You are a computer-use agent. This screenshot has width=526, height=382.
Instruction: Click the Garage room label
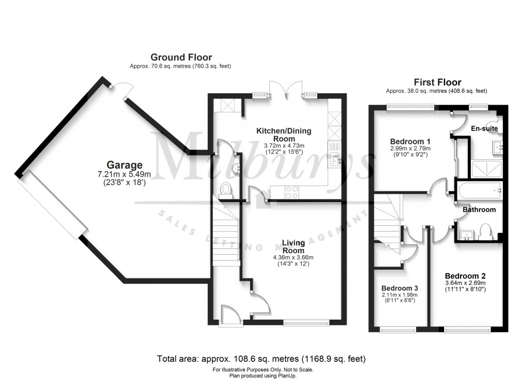(x=124, y=165)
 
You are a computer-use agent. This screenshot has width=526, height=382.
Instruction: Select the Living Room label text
(x=293, y=246)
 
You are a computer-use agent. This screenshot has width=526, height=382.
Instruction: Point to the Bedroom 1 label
(x=410, y=141)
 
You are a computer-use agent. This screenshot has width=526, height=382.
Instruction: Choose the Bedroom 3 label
(x=399, y=288)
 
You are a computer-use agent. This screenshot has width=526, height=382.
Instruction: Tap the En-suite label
(x=484, y=128)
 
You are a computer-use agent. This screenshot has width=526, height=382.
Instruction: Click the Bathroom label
(x=479, y=210)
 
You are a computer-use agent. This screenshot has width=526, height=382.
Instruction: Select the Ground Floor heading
(x=180, y=57)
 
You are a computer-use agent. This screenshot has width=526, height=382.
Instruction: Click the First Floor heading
(x=437, y=82)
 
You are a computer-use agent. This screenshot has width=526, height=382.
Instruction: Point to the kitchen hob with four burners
(x=291, y=192)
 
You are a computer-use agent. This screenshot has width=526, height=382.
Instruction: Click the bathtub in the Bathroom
(x=478, y=191)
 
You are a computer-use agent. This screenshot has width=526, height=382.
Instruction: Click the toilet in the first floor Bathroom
(x=485, y=232)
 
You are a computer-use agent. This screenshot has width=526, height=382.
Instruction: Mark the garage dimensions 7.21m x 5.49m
(x=124, y=174)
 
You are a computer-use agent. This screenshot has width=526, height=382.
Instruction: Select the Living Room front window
(x=306, y=323)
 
